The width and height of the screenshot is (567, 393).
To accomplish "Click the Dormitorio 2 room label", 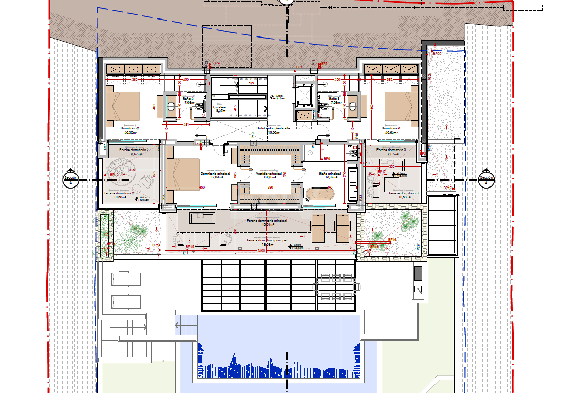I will pos(130,128).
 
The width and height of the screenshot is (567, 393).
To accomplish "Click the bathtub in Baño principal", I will pos(321,194).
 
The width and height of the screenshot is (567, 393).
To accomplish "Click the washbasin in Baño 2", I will pos(171,107).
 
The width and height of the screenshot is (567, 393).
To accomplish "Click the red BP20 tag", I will pos(437,53).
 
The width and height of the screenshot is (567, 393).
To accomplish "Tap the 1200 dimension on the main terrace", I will pos(261,251).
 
